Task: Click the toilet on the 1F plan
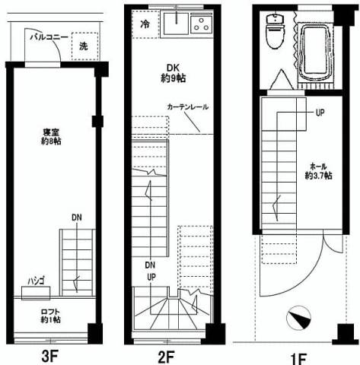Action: [275, 31]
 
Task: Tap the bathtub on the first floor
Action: [316, 52]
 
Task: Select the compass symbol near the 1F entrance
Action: [299, 318]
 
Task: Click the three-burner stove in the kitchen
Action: [201, 24]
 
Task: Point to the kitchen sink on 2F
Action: [176, 24]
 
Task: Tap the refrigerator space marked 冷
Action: [145, 24]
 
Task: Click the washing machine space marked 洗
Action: [84, 46]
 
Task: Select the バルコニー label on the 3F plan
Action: [49, 37]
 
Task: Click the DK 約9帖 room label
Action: [174, 74]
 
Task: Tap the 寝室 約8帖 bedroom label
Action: [51, 137]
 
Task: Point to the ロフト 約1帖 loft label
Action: [51, 316]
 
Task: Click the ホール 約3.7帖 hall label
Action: [319, 171]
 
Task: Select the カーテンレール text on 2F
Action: [188, 107]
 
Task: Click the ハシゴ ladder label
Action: [37, 281]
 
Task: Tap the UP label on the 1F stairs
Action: [320, 113]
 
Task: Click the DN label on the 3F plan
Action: [77, 217]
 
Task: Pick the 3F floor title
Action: [50, 357]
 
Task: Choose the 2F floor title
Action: [166, 357]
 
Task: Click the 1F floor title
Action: [298, 359]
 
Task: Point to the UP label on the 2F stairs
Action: [151, 278]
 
